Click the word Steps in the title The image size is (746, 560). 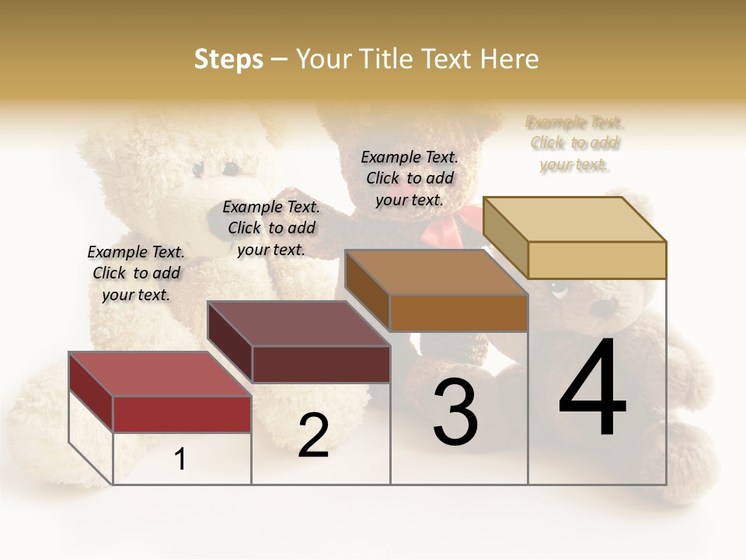point(228,59)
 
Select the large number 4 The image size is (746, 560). point(592,389)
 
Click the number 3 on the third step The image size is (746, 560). point(455,412)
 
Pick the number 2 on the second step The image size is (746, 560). point(313,436)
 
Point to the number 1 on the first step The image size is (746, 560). point(180,459)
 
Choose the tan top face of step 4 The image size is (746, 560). point(574,219)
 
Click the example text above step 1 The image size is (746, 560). point(136,273)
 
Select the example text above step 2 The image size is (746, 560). point(271,228)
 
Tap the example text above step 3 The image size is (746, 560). point(410,178)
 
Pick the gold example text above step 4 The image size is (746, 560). point(575,143)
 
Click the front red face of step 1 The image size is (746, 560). point(182,414)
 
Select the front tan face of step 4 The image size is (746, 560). point(597,260)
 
